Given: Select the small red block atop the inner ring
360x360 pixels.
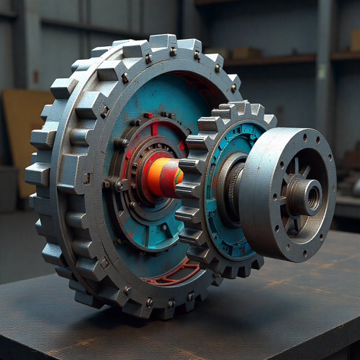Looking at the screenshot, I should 148,115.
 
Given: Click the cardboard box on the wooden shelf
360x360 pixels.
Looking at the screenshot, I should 246,52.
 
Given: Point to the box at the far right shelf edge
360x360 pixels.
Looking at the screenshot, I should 355,41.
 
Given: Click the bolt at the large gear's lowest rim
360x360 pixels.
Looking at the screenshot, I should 149,302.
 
